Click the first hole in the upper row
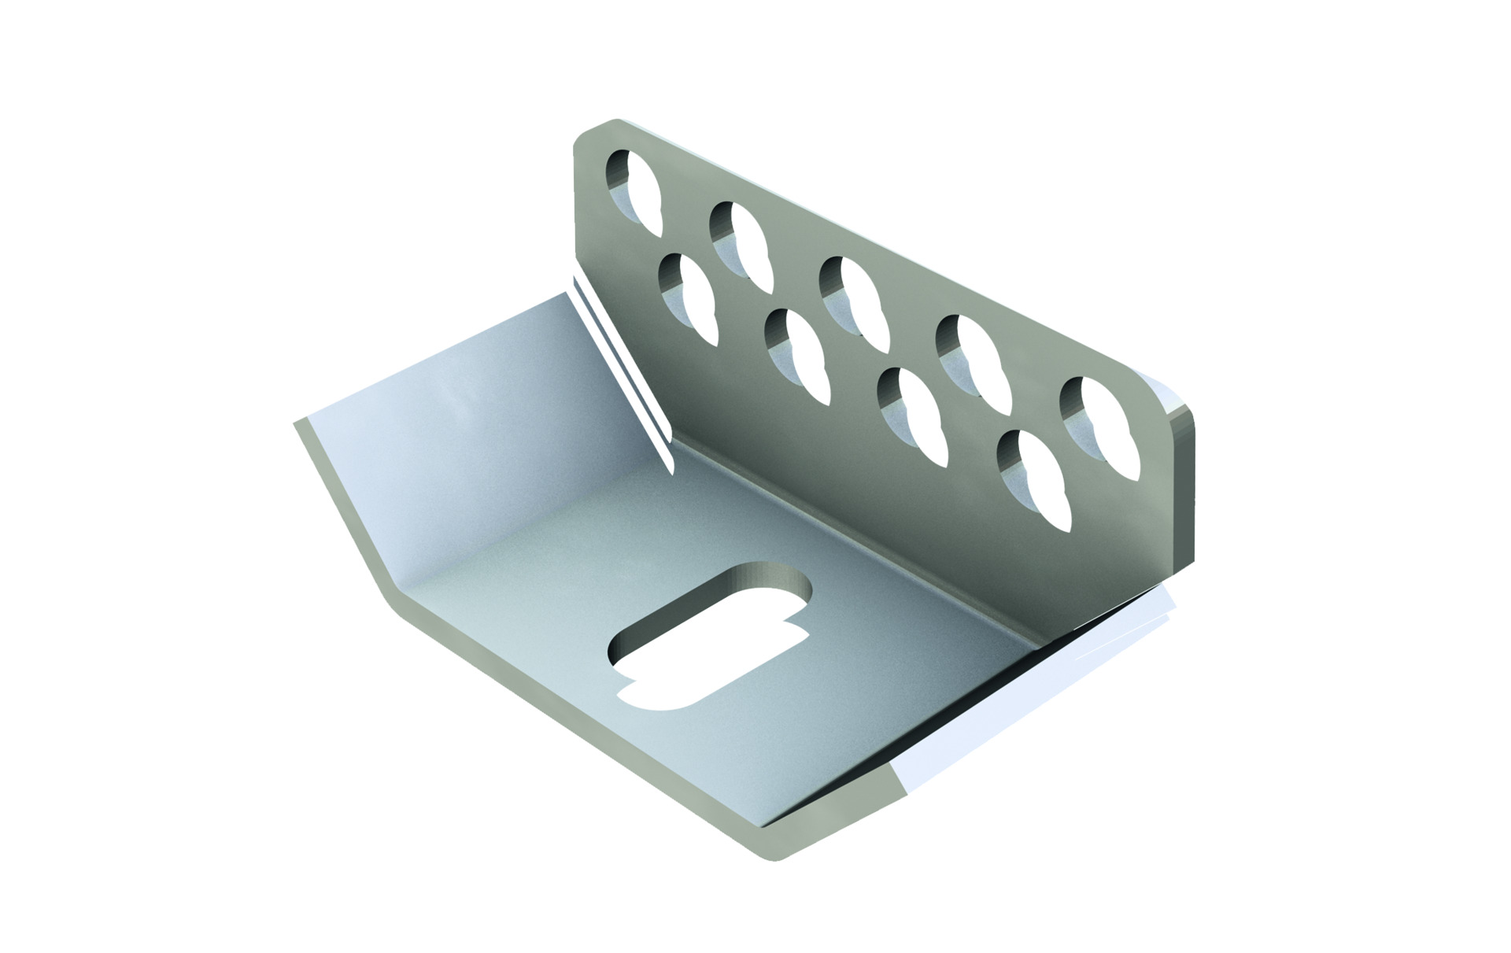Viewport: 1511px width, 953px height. tap(635, 193)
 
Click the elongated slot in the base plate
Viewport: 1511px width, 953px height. tap(708, 637)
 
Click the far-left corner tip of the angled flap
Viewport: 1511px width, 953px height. tap(297, 423)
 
